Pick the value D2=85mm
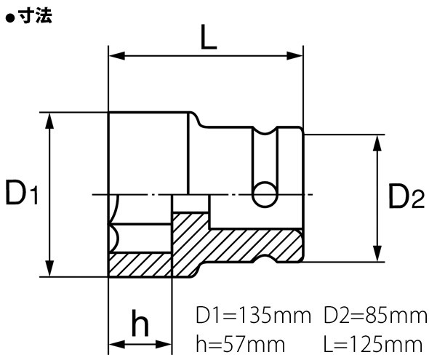click(374, 316)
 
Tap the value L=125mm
click(374, 342)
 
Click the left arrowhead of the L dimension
click(115, 55)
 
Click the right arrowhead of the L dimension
click(297, 55)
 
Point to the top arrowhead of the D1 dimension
click(49, 119)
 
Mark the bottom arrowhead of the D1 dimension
click(49, 271)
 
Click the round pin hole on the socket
click(264, 194)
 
